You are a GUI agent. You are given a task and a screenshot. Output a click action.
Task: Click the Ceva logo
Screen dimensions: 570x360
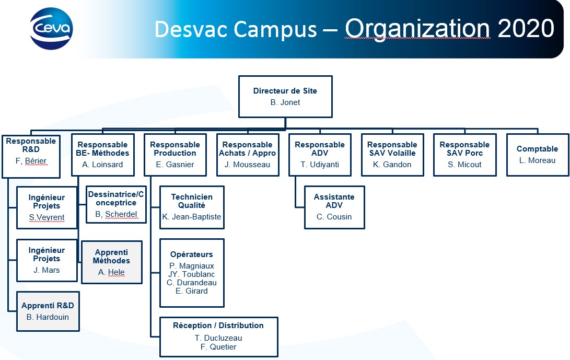click(51, 28)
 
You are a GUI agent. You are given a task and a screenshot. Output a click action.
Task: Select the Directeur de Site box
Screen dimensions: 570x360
click(285, 96)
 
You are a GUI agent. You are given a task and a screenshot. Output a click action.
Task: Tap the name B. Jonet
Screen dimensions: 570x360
click(285, 102)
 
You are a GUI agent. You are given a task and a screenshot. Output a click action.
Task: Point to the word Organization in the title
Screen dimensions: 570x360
click(417, 29)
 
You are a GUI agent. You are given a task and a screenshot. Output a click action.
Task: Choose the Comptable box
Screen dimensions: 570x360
click(538, 155)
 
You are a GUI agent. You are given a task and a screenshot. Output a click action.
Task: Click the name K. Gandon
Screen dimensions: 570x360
click(392, 165)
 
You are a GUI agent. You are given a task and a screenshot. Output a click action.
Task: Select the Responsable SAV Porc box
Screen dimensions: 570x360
click(464, 155)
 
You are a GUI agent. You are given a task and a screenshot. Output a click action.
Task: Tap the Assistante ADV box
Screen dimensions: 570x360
click(334, 207)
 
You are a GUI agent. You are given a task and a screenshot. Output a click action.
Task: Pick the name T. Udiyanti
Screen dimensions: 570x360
click(320, 165)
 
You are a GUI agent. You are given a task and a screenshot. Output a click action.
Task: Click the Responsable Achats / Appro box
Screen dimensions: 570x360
click(248, 155)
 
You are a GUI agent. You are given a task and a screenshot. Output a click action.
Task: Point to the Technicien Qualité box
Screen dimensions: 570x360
click(192, 207)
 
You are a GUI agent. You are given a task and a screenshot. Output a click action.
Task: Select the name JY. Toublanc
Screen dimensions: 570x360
click(192, 274)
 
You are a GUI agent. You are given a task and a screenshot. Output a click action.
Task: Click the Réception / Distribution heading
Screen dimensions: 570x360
click(218, 326)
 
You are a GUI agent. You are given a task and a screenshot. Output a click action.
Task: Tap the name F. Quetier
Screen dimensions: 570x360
click(218, 347)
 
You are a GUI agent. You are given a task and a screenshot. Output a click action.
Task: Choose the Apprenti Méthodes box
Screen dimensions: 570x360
click(112, 262)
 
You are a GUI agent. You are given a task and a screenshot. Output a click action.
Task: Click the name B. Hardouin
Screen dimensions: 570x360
click(48, 317)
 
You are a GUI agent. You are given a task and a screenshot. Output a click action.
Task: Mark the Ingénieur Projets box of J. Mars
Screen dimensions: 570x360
click(47, 260)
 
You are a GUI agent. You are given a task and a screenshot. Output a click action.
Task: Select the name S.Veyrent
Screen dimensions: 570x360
click(46, 217)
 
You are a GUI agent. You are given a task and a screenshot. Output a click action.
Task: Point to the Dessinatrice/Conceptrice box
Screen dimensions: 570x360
click(116, 204)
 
